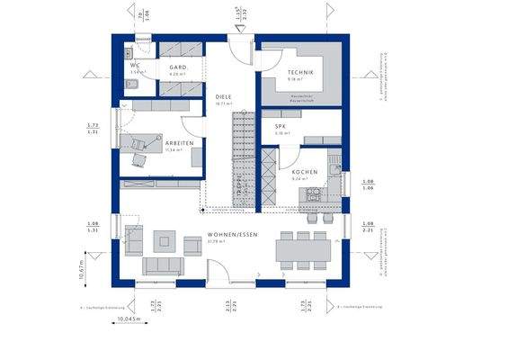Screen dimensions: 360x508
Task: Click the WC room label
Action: coord(133,65)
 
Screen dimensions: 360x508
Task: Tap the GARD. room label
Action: coord(177,67)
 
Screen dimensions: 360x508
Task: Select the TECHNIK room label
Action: coord(300,72)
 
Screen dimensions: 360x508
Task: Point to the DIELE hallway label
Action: coord(224,96)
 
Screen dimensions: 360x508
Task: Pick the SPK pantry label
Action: coord(281,127)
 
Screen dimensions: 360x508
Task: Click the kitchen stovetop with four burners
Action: coord(315,193)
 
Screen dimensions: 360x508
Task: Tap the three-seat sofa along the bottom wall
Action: coord(161,265)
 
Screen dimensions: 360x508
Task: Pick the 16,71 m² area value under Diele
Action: coord(224,104)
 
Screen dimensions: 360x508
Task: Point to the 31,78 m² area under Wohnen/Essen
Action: coord(215,241)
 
